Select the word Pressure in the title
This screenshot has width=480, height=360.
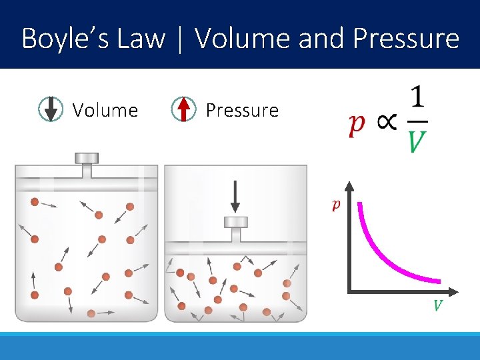click(x=406, y=39)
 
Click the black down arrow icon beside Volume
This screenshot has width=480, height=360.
click(x=51, y=109)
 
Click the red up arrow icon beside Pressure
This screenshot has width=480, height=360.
click(x=184, y=109)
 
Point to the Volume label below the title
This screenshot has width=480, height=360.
click(x=105, y=110)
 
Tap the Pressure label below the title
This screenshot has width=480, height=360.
click(x=242, y=110)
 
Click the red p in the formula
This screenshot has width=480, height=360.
click(x=357, y=125)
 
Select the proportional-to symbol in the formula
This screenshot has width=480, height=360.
click(x=386, y=123)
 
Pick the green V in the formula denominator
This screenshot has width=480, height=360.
click(x=417, y=141)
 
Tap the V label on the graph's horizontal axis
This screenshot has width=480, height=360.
click(x=438, y=306)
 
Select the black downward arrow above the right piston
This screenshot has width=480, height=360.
click(x=235, y=197)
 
